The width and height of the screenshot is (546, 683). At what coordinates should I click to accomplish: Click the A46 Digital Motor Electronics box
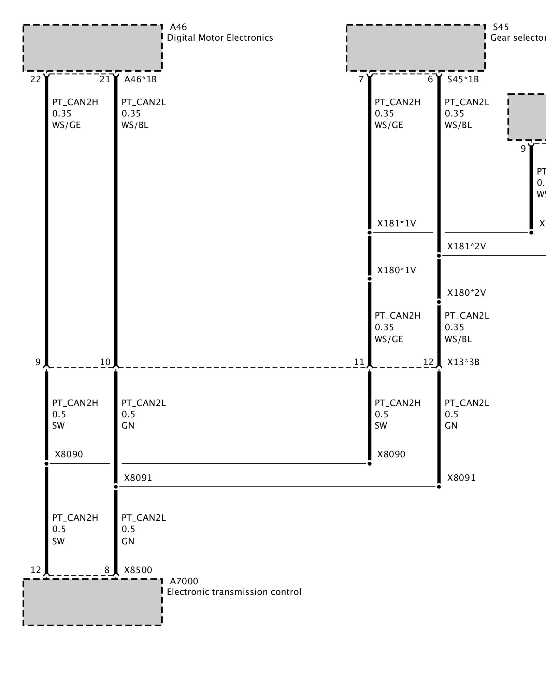pos(92,48)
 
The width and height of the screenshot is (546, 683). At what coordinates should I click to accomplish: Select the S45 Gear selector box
pos(416,48)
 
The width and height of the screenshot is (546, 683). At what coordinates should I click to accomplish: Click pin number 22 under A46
pos(35,80)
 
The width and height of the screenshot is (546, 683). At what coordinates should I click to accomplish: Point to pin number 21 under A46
pos(105,80)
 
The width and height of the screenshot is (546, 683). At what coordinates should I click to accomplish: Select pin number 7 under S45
pos(361,80)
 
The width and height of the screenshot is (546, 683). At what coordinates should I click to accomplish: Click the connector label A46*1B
pos(140,80)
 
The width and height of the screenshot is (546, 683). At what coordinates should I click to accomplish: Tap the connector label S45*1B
pos(463,80)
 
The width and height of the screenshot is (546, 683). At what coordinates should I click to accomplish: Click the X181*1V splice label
pos(397,224)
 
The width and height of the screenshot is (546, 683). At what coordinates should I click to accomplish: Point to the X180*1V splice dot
pos(370,279)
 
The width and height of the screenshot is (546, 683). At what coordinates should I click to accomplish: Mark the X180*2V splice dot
pos(439,302)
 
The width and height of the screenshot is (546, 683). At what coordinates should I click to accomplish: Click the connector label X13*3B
pos(463,362)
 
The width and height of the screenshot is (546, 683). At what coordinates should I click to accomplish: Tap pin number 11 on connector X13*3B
pos(359,362)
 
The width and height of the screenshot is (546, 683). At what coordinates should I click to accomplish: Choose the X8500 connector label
pos(138,570)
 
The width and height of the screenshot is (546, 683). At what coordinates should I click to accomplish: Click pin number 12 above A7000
pos(35,570)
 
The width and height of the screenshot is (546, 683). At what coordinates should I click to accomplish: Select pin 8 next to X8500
pos(107,570)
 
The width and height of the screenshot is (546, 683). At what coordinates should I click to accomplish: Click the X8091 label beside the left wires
pos(138,478)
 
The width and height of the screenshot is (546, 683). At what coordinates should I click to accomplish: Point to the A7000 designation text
pos(184,581)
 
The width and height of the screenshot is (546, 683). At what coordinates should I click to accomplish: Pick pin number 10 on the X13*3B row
pos(105,362)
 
